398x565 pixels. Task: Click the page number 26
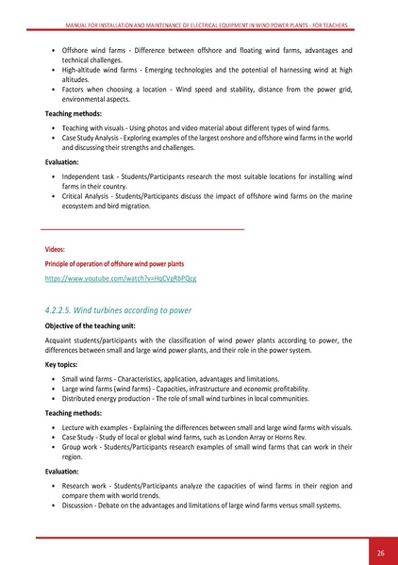[x=379, y=553]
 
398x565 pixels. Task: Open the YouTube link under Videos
[x=121, y=279]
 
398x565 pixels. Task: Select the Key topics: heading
[x=65, y=363]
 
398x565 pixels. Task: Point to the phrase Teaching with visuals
[x=97, y=126]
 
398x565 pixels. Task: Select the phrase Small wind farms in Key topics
[x=90, y=377]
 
